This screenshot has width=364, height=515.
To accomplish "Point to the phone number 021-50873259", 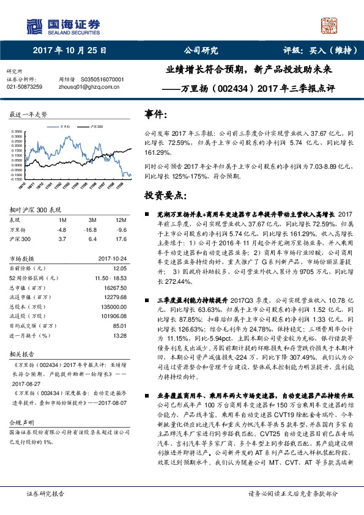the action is [24, 87].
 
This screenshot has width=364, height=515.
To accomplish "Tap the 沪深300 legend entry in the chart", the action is [95, 125].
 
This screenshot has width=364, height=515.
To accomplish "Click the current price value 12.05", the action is [121, 268].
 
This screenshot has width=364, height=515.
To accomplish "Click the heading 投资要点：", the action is [165, 195].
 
